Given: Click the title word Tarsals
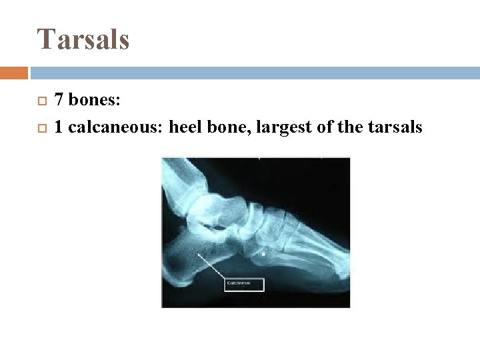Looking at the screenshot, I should coord(83,39).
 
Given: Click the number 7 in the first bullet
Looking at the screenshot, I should coord(59,101).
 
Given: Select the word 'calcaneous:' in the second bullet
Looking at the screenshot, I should coord(116,127).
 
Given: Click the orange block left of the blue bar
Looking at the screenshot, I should coord(13,73).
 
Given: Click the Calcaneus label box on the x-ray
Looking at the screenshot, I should coord(244,284).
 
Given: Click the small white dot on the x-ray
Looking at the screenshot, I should coord(265,254).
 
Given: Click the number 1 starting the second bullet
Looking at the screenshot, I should coord(59,127).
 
